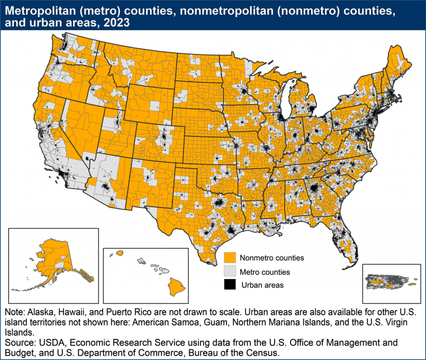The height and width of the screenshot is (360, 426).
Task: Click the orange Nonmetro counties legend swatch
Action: click(x=230, y=258)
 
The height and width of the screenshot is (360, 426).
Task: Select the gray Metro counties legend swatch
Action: click(x=230, y=272)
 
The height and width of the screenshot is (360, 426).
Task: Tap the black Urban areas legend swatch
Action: click(x=230, y=285)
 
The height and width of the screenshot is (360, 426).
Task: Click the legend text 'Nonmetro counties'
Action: click(x=271, y=258)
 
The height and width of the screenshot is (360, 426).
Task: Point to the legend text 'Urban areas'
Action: click(x=262, y=285)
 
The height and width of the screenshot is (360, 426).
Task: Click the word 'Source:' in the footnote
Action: click(x=20, y=342)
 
